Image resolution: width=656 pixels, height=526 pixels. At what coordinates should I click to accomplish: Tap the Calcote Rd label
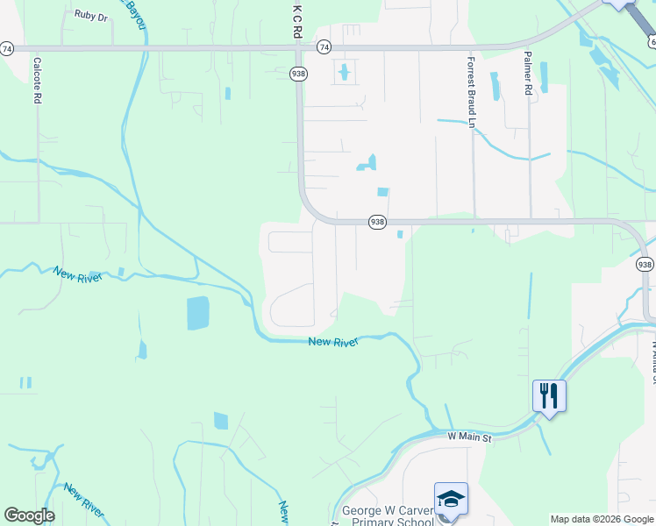click(x=37, y=81)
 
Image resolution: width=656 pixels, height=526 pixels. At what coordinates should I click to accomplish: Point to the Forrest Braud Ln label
click(x=471, y=92)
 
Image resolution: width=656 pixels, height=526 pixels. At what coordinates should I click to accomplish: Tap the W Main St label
click(x=470, y=436)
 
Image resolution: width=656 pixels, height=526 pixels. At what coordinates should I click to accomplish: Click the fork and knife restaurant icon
click(x=549, y=395)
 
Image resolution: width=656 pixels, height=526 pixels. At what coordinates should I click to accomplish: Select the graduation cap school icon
click(x=451, y=499)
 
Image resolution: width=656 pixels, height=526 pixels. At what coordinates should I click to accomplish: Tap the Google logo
click(x=29, y=515)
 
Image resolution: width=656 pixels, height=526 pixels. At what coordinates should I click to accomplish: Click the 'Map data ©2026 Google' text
click(x=602, y=519)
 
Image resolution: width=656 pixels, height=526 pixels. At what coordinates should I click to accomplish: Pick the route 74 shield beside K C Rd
click(x=324, y=47)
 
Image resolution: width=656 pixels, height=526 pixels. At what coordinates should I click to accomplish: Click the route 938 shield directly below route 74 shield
click(x=299, y=75)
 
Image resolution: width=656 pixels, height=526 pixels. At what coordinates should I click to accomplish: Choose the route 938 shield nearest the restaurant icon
click(x=645, y=264)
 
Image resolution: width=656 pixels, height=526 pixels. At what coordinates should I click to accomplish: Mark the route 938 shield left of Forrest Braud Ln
click(x=377, y=222)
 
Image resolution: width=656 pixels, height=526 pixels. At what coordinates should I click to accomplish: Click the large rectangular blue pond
click(x=198, y=313)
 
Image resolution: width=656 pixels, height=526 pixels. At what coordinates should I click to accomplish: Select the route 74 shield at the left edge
click(x=7, y=48)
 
